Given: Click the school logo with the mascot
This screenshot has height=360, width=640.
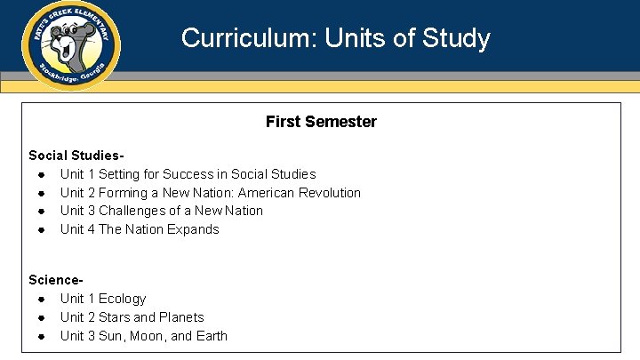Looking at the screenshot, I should coord(72,44).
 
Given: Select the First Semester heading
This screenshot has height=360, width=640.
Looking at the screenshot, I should coord(321,122).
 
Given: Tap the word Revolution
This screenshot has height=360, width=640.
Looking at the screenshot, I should coord(330,193).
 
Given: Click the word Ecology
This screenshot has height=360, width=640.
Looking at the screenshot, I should coord(122,299).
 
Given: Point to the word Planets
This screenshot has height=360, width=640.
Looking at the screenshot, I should coord(181,317).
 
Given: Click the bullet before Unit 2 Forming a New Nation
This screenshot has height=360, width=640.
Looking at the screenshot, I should coord(42,193).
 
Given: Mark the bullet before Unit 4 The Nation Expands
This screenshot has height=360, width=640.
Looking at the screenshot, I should coord(42,229).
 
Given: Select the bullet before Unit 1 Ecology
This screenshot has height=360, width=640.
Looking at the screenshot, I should coord(42,299).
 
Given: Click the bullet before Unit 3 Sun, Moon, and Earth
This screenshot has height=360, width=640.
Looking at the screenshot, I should coord(42,336).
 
